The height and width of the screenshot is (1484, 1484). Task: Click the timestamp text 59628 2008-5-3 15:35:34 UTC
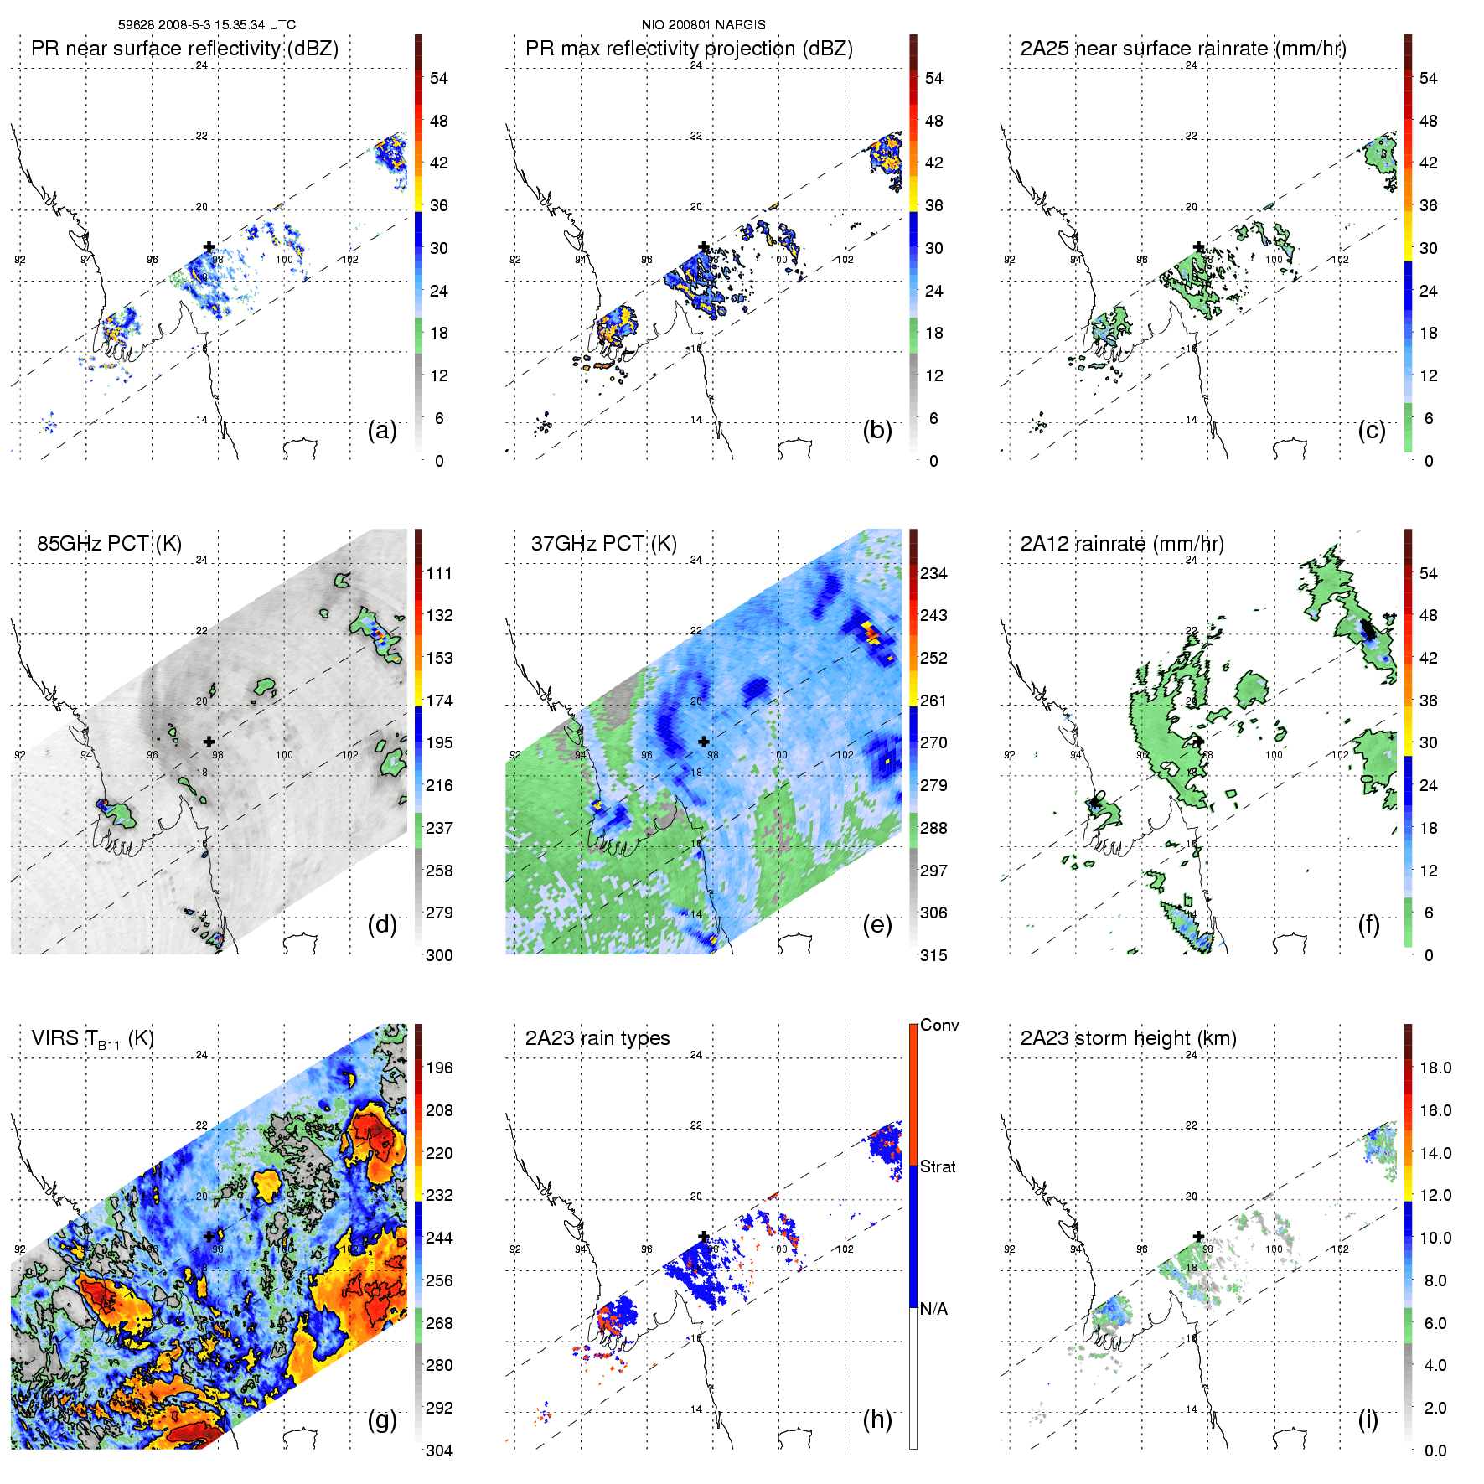click(x=207, y=25)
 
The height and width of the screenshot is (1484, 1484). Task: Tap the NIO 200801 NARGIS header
click(x=703, y=25)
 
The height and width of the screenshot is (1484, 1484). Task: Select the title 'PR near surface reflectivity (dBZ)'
click(x=184, y=49)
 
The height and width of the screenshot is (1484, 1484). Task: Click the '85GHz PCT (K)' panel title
click(x=109, y=544)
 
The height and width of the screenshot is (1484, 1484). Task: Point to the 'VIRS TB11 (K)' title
click(x=92, y=1039)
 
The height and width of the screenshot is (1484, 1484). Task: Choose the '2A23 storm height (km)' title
click(x=1128, y=1038)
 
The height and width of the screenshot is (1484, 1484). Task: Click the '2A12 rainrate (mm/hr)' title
click(x=1122, y=544)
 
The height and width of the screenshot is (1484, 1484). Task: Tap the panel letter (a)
click(x=382, y=431)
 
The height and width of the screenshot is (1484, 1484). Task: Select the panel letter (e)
click(x=876, y=925)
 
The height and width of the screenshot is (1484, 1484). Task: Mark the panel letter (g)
click(x=382, y=1419)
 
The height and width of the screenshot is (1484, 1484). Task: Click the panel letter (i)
click(x=1368, y=1419)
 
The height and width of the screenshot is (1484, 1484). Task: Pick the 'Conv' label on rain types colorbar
click(x=939, y=1026)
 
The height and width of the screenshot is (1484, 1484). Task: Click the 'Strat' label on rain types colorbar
click(x=938, y=1166)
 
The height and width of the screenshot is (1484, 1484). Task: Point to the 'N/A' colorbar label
click(x=933, y=1309)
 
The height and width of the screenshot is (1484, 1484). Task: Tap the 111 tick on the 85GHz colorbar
click(x=439, y=573)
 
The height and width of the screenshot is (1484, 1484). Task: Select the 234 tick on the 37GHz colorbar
click(x=933, y=573)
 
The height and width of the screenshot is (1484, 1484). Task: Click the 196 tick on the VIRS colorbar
click(x=439, y=1068)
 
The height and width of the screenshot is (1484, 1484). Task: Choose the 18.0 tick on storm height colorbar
click(x=1435, y=1068)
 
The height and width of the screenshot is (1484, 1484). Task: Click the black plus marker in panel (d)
click(x=209, y=742)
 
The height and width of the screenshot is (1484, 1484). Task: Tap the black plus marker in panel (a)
click(x=209, y=246)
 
